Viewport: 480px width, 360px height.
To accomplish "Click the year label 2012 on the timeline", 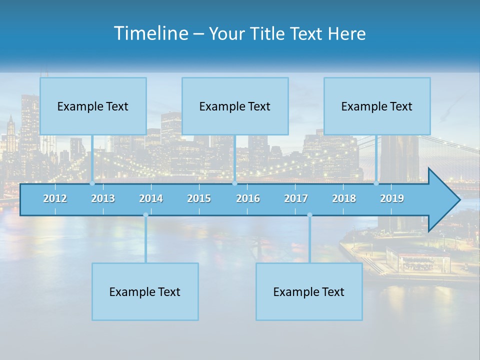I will pos(55,198).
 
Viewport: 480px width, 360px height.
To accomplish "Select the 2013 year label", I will pos(103,198).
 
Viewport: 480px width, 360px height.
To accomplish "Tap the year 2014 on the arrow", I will pos(151,198).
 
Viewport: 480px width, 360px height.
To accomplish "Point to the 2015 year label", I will pos(199,198).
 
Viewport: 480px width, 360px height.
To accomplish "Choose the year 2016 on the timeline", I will pos(248,198).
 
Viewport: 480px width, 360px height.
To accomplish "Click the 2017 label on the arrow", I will pos(296,198).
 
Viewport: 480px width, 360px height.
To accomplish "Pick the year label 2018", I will pos(344,198).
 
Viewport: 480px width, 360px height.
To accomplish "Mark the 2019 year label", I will pos(392,198).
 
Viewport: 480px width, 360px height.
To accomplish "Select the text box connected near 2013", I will pos(93,106).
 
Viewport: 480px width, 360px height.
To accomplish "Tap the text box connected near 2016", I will pos(235,106).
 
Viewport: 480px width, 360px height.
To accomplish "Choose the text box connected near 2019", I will pos(377,106).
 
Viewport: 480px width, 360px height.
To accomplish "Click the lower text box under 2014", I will pos(145,291).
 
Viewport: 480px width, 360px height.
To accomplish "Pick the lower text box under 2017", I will pos(309,291).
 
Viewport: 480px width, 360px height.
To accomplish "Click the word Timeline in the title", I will pos(150,33).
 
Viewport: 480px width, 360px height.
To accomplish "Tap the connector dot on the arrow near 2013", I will pos(92,183).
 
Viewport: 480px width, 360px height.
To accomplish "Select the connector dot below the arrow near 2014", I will pos(145,215).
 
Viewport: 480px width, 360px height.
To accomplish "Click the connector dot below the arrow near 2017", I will pos(309,215).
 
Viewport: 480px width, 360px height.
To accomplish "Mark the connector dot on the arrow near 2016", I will pos(234,183).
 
